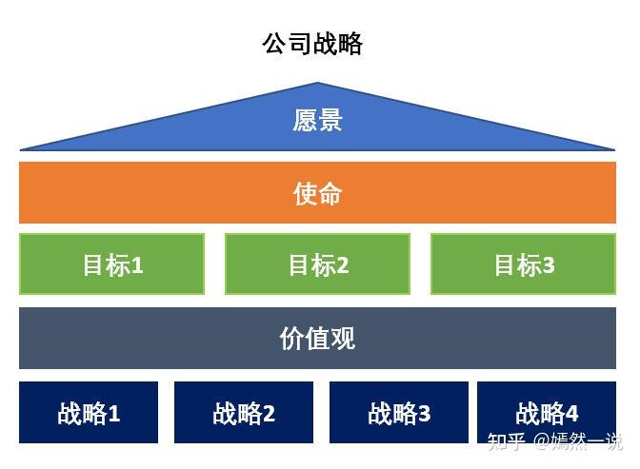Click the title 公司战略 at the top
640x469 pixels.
point(311,44)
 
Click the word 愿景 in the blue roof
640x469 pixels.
point(317,121)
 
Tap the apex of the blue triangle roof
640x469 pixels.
point(318,85)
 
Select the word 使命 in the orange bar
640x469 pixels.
point(317,194)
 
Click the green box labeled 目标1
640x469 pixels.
point(112,264)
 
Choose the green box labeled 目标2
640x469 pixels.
point(317,264)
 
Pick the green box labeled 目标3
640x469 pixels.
point(523,264)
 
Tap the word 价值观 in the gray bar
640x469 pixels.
point(317,339)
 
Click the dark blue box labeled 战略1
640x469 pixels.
point(89,413)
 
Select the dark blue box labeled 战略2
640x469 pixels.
point(244,413)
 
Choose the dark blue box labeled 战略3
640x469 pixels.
point(399,413)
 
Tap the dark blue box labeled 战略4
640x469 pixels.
point(547,413)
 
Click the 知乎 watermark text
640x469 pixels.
point(506,441)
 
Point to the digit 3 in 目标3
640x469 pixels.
point(549,265)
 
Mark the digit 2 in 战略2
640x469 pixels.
point(269,414)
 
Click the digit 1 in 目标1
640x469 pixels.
point(137,265)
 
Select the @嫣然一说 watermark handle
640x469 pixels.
point(578,441)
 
